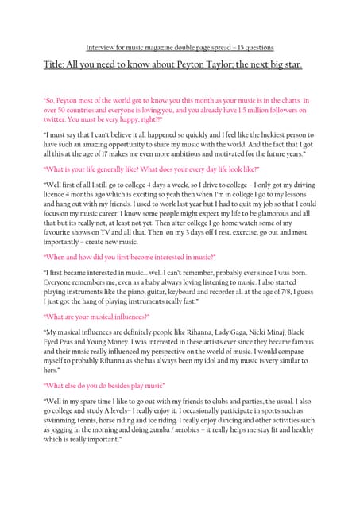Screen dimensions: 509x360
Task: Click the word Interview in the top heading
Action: coord(99,48)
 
